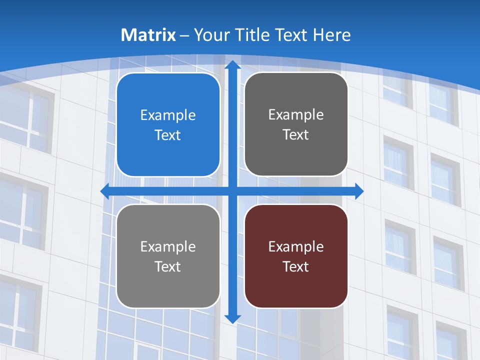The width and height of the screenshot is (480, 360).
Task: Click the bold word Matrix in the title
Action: (x=148, y=35)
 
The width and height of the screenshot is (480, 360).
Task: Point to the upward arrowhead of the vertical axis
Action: (x=232, y=65)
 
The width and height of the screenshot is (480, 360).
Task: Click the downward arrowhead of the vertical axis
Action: (x=232, y=318)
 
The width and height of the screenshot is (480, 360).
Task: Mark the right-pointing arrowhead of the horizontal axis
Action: (x=358, y=191)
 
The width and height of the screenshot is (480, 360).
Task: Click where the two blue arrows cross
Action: (x=232, y=191)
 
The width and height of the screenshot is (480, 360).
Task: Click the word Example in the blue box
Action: (x=168, y=115)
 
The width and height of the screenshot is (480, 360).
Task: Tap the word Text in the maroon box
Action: (x=296, y=266)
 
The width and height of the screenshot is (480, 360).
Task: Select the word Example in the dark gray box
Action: (x=296, y=115)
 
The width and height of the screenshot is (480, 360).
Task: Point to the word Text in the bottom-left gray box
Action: (x=168, y=266)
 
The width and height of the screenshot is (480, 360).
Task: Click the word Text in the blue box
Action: (x=168, y=135)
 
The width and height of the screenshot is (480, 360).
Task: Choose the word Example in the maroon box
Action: (x=296, y=246)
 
